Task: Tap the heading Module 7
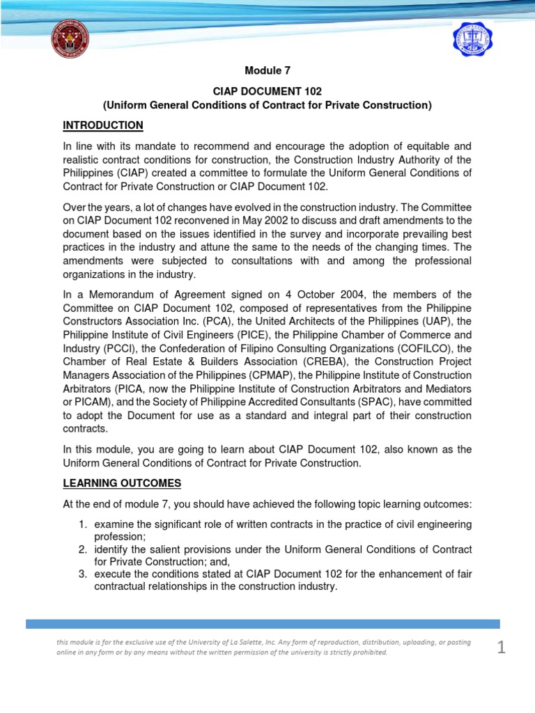point(267,70)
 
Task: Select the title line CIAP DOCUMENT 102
point(267,91)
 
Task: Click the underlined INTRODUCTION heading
point(103,125)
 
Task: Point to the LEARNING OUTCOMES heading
point(122,483)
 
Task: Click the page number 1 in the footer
point(502,648)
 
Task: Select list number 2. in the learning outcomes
point(82,549)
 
